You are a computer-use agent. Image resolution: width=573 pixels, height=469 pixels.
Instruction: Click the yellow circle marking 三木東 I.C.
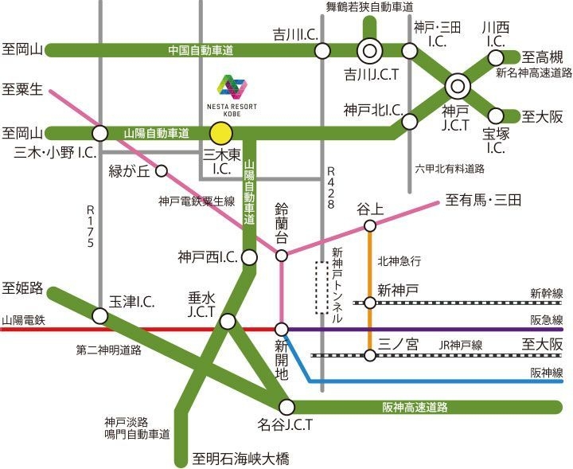coord(221,133)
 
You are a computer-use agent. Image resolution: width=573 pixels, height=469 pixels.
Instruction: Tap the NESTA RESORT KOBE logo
coord(233,92)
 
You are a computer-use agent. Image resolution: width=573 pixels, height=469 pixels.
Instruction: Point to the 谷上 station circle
coord(370,227)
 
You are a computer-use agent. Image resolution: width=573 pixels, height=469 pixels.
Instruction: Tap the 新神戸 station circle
coord(370,303)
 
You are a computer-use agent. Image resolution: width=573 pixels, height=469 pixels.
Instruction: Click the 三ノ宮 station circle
coord(370,354)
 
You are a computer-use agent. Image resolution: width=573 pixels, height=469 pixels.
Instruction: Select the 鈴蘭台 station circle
coord(282,255)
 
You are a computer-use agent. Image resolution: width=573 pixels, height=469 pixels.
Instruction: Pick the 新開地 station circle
coord(281,329)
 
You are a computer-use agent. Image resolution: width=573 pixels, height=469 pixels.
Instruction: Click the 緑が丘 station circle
coord(162,170)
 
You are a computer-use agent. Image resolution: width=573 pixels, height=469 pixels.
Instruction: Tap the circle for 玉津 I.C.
coord(99,316)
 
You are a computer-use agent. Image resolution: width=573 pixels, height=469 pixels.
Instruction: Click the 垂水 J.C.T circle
coord(228,322)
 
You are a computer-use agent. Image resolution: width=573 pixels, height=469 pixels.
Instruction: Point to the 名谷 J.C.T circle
coord(286,407)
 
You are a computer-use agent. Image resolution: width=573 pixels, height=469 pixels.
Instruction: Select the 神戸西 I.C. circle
coord(249,257)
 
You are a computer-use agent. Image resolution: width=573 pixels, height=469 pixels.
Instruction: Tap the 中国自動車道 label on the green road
coord(201,50)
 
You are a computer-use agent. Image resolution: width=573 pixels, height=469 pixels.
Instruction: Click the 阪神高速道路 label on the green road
coord(415,407)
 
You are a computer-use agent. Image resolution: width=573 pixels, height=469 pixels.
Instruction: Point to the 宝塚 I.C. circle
coord(496,115)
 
